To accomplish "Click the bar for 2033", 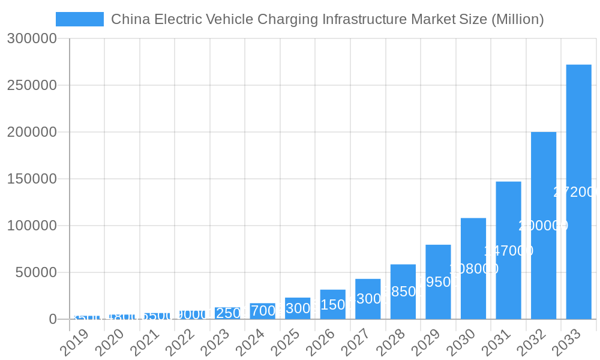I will [x=578, y=192].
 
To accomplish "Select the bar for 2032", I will [x=544, y=226].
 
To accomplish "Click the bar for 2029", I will [x=438, y=282].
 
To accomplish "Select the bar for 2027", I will [x=368, y=299].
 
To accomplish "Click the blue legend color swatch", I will [x=80, y=19].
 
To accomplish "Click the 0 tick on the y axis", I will [x=53, y=319].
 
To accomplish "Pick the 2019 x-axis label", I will [x=74, y=343].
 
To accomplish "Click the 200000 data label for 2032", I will [x=544, y=226].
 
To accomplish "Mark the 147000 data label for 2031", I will [x=508, y=251].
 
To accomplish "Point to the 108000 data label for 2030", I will [x=473, y=269].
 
